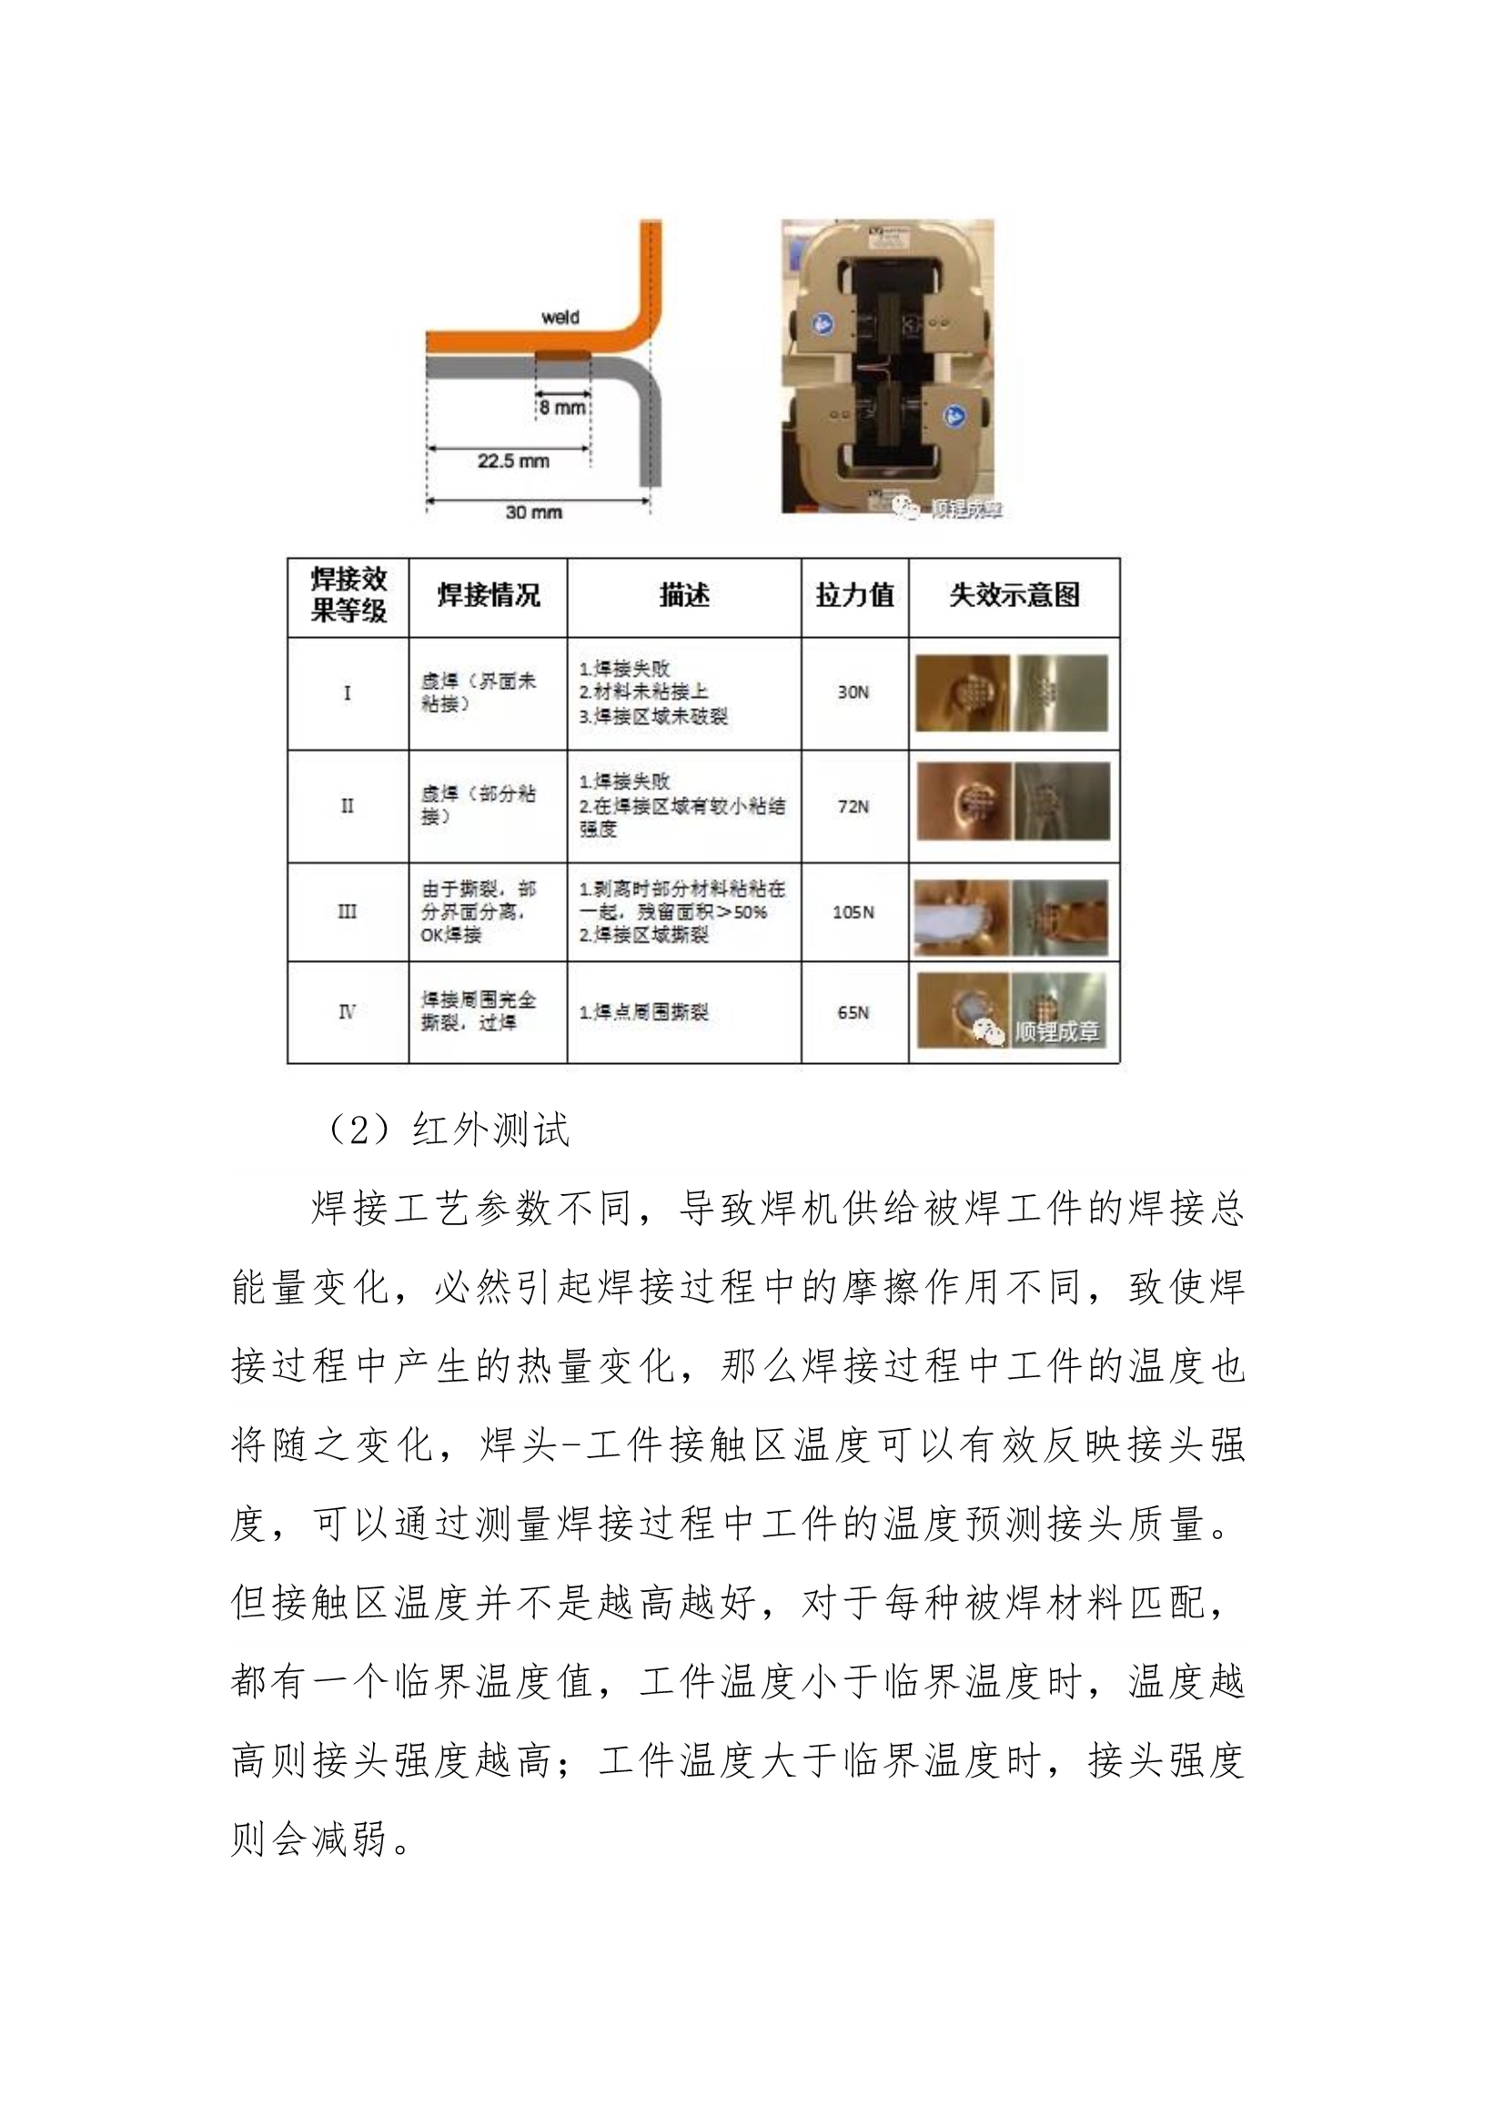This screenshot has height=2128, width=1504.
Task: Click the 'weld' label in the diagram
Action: click(x=560, y=317)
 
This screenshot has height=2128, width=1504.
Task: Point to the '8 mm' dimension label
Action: click(x=562, y=407)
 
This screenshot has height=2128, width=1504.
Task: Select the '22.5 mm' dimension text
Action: click(x=513, y=461)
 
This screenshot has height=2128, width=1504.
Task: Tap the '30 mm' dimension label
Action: click(x=534, y=512)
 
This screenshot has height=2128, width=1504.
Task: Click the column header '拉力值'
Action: click(x=854, y=595)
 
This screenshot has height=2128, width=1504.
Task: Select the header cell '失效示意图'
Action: click(x=1014, y=595)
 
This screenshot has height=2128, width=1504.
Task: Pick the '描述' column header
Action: click(x=684, y=595)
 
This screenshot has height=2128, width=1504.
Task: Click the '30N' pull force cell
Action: click(x=853, y=693)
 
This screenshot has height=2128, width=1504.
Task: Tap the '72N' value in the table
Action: click(x=853, y=806)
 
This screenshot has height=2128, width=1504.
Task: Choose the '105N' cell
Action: click(x=853, y=912)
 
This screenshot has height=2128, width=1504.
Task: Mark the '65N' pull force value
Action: click(x=853, y=1012)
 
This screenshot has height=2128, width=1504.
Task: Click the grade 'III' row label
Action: click(x=347, y=912)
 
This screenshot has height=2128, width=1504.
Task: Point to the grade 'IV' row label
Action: click(x=347, y=1012)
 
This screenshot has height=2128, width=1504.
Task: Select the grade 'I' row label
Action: click(x=347, y=693)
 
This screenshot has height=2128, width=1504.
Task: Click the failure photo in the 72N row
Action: click(x=1013, y=802)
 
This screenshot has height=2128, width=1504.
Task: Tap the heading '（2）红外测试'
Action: click(x=446, y=1130)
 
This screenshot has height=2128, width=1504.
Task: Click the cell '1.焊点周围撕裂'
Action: click(x=643, y=1012)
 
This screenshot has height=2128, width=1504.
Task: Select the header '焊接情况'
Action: click(x=488, y=595)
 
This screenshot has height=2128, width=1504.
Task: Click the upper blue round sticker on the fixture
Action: click(x=822, y=323)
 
